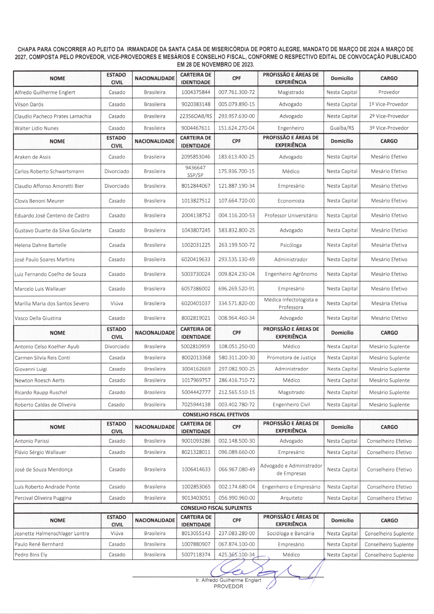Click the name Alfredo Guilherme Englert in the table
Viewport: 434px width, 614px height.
click(x=45, y=92)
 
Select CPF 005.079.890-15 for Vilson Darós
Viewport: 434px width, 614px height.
click(x=236, y=104)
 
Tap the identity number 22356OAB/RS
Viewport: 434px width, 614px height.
click(x=196, y=116)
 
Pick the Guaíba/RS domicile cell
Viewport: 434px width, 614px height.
click(x=342, y=128)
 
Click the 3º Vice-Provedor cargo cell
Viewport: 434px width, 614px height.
click(x=388, y=128)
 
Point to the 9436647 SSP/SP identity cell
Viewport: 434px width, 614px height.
click(x=196, y=171)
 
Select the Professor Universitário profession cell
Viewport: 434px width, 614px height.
click(x=291, y=216)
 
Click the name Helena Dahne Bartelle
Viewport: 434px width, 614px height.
click(x=40, y=245)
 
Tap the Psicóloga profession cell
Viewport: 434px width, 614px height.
click(x=291, y=245)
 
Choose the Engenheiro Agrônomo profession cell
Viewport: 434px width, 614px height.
click(x=291, y=274)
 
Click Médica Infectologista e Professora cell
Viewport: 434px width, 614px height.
click(x=291, y=303)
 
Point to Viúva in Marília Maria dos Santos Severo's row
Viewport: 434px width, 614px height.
click(x=117, y=304)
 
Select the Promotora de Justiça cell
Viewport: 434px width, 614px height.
click(x=291, y=358)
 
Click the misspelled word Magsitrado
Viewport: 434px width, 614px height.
click(x=291, y=392)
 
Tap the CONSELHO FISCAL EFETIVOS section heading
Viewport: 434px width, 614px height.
click(x=216, y=415)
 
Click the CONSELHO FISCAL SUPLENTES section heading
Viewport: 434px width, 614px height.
click(x=216, y=508)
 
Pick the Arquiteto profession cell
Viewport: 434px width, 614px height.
click(x=291, y=498)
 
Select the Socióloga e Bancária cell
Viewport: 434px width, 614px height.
click(x=291, y=533)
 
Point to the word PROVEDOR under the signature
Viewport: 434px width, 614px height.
click(x=228, y=586)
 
